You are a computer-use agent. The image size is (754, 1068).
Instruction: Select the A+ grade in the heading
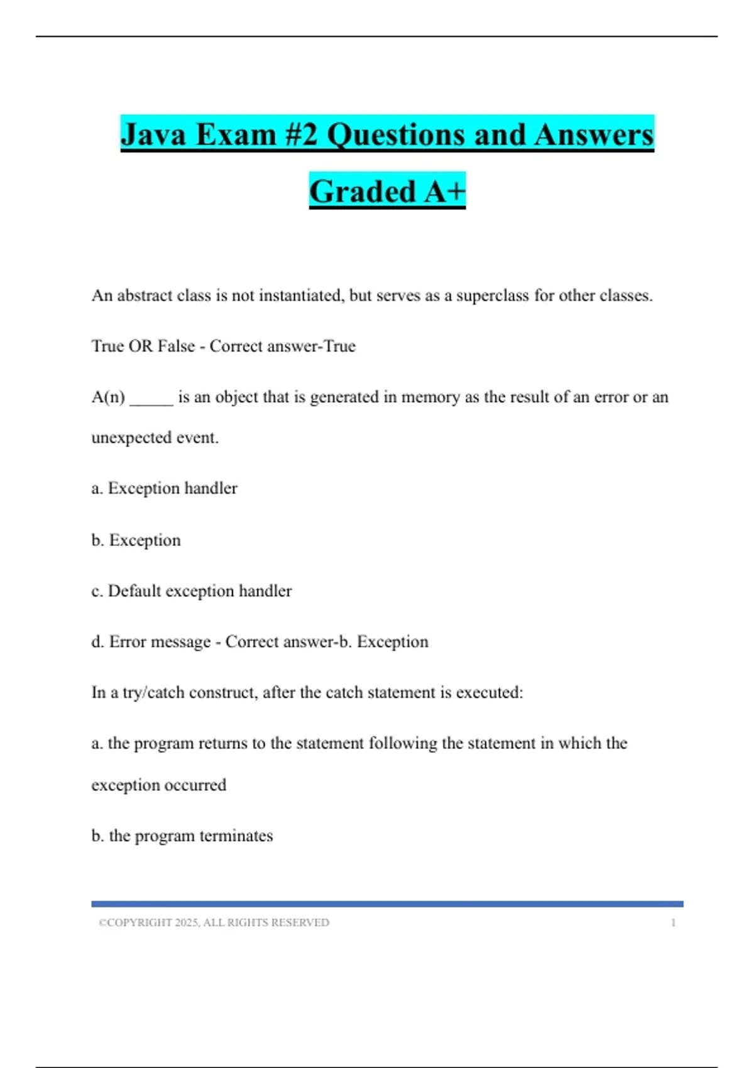tap(444, 192)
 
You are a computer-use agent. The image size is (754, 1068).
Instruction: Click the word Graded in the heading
tap(363, 192)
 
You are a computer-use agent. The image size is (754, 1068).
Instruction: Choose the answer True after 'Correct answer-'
tap(339, 346)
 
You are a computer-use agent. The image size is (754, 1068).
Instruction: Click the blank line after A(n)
tap(151, 398)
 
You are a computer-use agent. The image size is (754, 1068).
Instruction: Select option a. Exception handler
tap(165, 488)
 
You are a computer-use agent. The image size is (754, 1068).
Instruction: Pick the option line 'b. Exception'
tap(136, 540)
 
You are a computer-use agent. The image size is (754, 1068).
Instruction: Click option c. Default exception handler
tap(192, 591)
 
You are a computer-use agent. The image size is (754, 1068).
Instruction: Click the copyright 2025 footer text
tap(214, 923)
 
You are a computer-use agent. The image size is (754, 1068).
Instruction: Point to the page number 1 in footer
tap(673, 923)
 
